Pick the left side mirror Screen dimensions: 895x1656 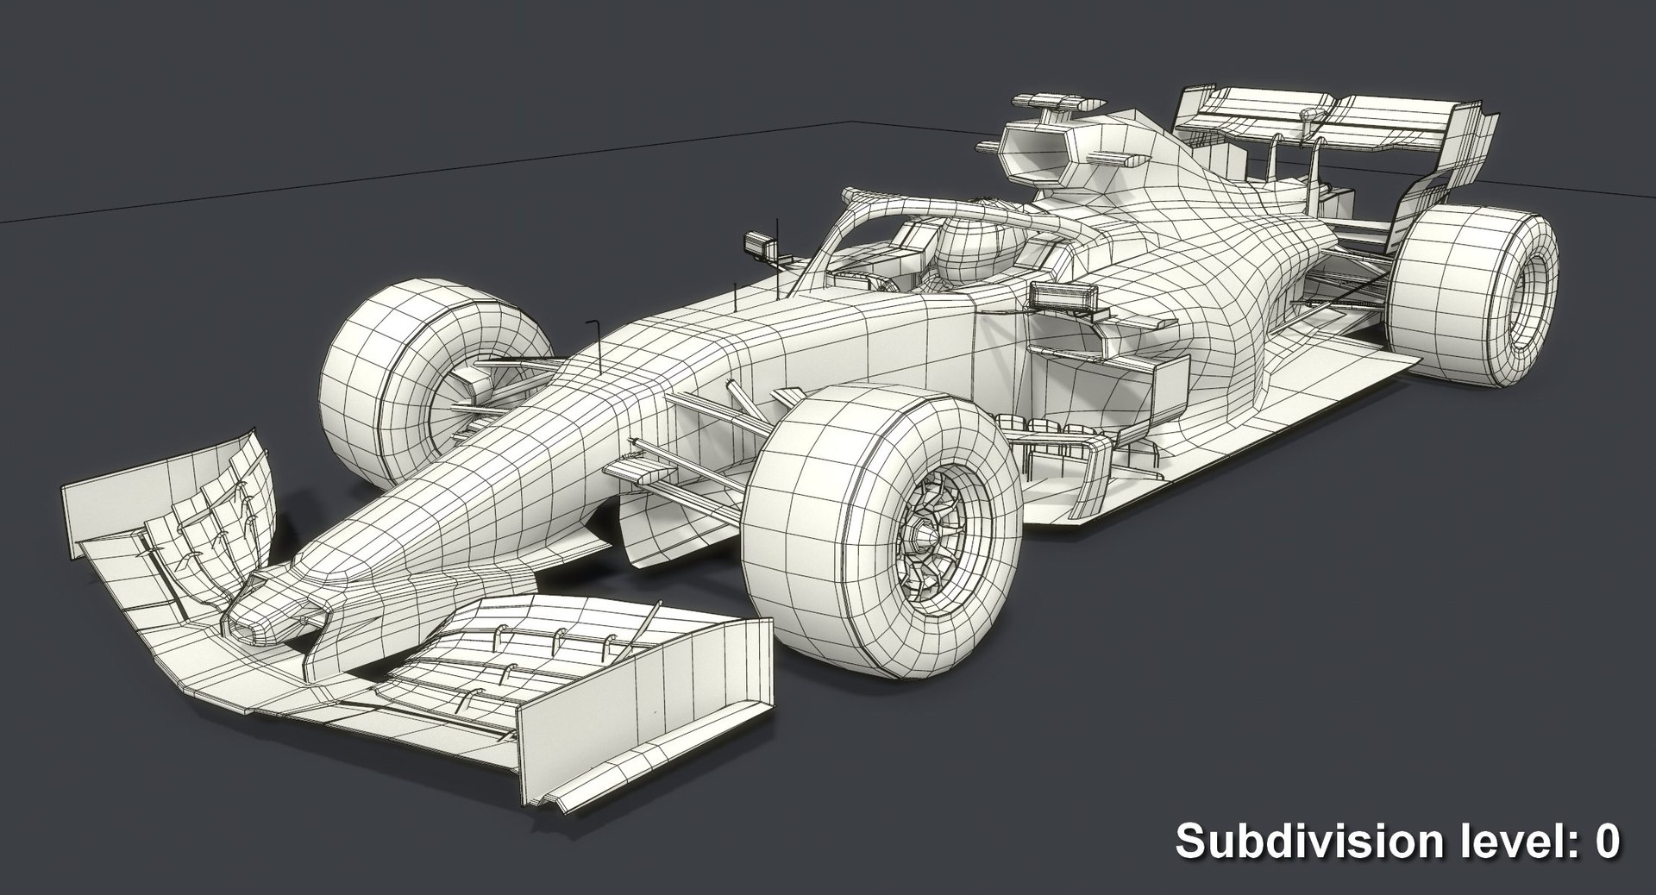click(x=760, y=244)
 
